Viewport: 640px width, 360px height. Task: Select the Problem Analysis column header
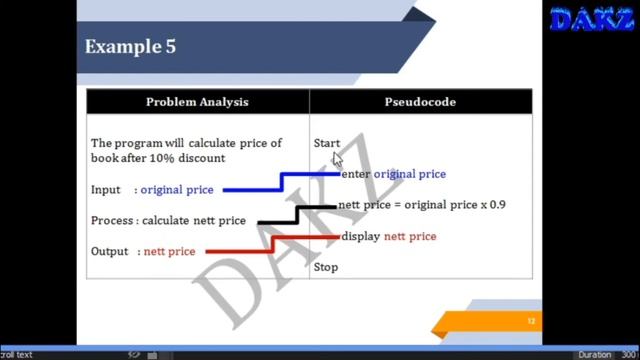pos(197,102)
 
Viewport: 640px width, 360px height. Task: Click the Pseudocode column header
pos(420,102)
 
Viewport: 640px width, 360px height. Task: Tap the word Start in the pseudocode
pos(326,143)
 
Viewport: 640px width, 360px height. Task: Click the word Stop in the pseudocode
pos(326,267)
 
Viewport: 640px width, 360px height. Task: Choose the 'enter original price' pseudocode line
pos(393,174)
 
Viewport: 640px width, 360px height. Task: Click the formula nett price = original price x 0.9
pos(421,205)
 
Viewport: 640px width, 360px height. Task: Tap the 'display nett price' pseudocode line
pos(388,237)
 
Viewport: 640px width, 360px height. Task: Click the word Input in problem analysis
pos(105,190)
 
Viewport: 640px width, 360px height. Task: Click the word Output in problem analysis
pos(109,252)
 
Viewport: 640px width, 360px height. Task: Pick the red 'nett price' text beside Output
pos(169,252)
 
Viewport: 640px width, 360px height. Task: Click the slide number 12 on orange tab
pos(532,321)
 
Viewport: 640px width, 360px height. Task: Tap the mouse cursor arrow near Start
pos(338,159)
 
